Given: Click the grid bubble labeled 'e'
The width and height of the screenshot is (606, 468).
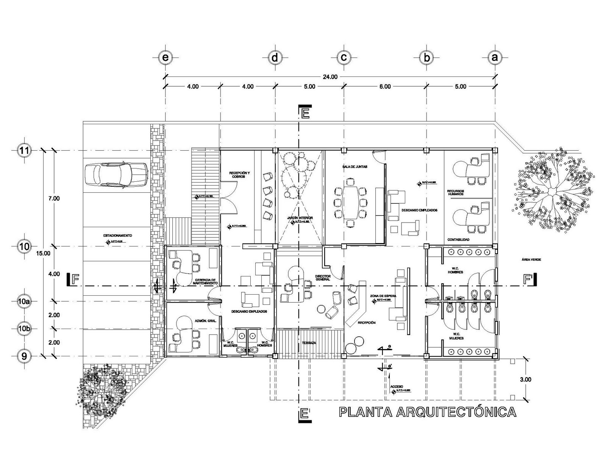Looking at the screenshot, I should pos(165,58).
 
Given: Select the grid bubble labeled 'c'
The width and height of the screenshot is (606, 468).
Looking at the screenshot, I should pos(344,58).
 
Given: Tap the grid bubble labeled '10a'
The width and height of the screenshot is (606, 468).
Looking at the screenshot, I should pos(24,301).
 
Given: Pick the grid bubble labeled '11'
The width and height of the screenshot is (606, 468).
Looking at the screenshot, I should pos(24,150).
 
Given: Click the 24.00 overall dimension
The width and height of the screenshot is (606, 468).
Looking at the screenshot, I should pos(330,77).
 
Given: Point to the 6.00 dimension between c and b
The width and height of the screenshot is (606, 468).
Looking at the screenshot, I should pos(384,86).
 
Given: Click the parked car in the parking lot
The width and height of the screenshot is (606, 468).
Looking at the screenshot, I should pos(116,175).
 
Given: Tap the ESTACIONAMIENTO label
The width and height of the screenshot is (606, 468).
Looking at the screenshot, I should pos(117,236).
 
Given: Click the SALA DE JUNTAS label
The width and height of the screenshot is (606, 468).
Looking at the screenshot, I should pos(355,167).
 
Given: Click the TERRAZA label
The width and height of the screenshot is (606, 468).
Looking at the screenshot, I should pos(309,343).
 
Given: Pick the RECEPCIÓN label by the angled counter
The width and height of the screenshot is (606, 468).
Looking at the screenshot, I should pos(366,323).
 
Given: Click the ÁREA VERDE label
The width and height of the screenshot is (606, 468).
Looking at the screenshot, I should pos(531,259).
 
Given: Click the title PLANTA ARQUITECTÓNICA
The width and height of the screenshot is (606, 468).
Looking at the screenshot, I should pos(427,412).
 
